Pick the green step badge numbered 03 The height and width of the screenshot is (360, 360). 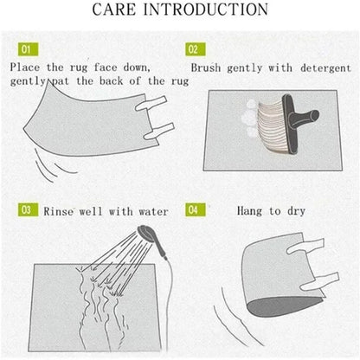pos(25,209)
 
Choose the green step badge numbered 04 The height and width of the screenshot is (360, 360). pos(194,209)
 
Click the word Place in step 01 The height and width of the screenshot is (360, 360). pos(28,67)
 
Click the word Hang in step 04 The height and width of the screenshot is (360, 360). pos(252,209)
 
